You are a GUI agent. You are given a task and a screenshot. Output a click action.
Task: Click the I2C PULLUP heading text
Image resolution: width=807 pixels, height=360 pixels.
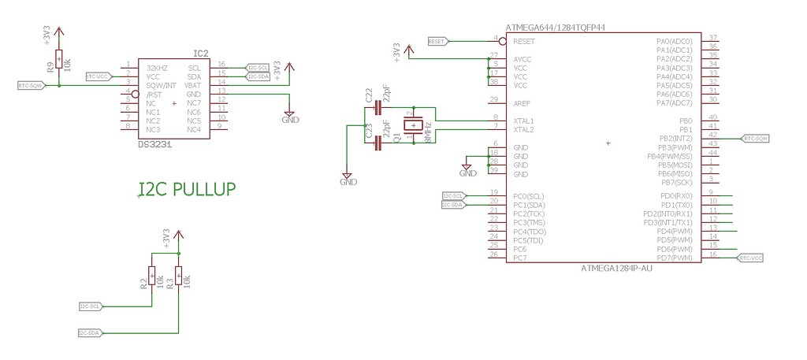187,189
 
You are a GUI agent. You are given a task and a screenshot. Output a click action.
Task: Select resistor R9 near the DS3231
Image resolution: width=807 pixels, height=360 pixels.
59,64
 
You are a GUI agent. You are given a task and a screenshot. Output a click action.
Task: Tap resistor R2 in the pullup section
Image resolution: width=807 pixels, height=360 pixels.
152,277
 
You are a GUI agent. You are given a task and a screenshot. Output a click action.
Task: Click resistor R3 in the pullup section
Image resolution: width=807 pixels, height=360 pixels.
179,277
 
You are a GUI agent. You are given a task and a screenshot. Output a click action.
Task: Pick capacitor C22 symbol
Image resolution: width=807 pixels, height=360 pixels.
377,108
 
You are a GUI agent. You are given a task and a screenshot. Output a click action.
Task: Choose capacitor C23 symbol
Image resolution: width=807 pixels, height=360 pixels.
377,143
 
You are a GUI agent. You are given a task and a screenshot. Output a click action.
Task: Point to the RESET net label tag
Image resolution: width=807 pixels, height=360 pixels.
437,41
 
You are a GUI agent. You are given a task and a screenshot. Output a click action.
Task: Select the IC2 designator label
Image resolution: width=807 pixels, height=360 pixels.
201,54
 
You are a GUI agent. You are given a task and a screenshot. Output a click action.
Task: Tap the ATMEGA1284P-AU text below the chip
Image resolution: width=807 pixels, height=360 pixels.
616,268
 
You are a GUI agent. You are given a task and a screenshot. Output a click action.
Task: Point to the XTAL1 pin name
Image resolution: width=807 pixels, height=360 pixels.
523,120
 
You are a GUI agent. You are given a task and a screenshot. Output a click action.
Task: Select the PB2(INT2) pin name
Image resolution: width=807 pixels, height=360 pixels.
675,138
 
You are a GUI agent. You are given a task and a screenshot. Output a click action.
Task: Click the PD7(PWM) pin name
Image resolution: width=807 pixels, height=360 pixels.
675,258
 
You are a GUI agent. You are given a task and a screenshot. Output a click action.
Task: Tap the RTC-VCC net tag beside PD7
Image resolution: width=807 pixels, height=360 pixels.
750,258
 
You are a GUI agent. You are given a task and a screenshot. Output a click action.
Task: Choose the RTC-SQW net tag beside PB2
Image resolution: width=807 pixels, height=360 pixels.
754,138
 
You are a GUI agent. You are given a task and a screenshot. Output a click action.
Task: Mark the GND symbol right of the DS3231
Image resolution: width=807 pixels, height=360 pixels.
290,117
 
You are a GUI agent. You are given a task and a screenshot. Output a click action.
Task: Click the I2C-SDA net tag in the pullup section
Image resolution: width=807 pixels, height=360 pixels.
90,333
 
